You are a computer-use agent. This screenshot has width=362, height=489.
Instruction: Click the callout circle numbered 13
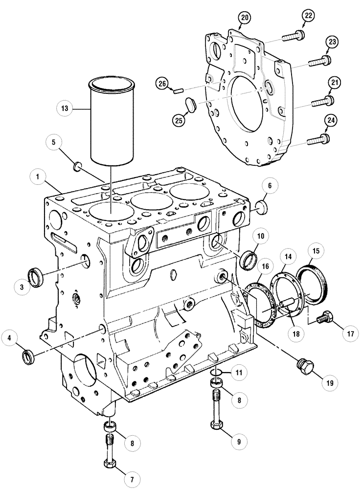pyautogui.click(x=64, y=108)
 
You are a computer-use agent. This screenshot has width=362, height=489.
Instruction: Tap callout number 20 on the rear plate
pyautogui.click(x=244, y=19)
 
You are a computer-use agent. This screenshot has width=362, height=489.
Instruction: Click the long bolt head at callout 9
pyautogui.click(x=216, y=424)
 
